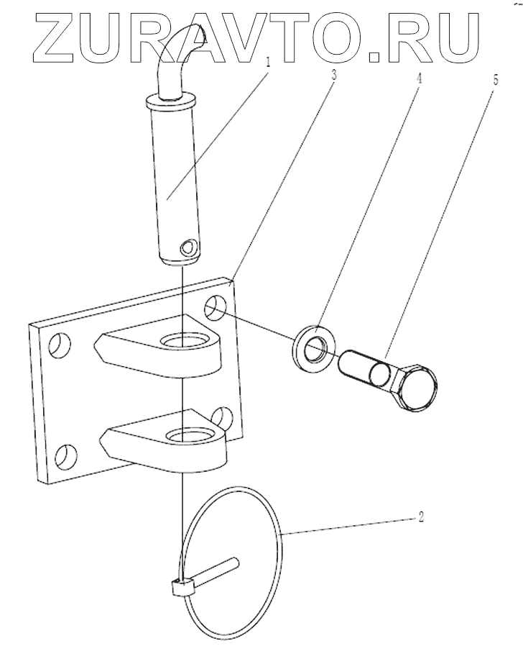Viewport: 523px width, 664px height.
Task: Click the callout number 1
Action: [269, 62]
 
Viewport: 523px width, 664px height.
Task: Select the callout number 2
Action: [422, 516]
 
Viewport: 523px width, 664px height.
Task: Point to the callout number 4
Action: [420, 75]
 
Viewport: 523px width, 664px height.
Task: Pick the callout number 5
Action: [495, 78]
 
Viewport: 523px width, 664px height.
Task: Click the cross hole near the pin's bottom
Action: [189, 248]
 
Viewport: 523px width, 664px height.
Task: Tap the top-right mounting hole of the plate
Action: [214, 309]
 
